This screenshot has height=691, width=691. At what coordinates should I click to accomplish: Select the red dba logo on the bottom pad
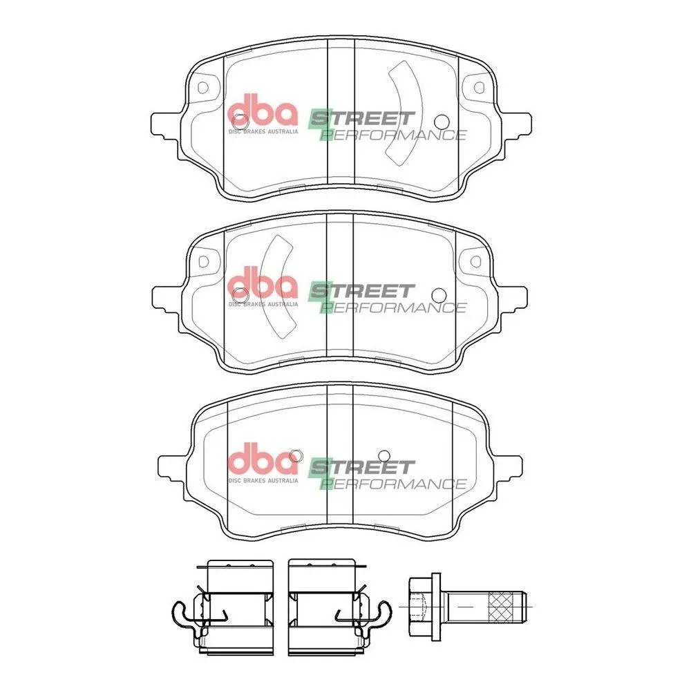click(x=263, y=459)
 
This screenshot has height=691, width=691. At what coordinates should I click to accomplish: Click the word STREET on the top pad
click(x=361, y=119)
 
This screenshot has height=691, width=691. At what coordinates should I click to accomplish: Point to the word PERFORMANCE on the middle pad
click(x=393, y=307)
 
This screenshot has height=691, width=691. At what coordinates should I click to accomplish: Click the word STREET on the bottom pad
click(x=361, y=467)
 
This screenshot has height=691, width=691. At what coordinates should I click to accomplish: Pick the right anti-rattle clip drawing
click(x=339, y=607)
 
